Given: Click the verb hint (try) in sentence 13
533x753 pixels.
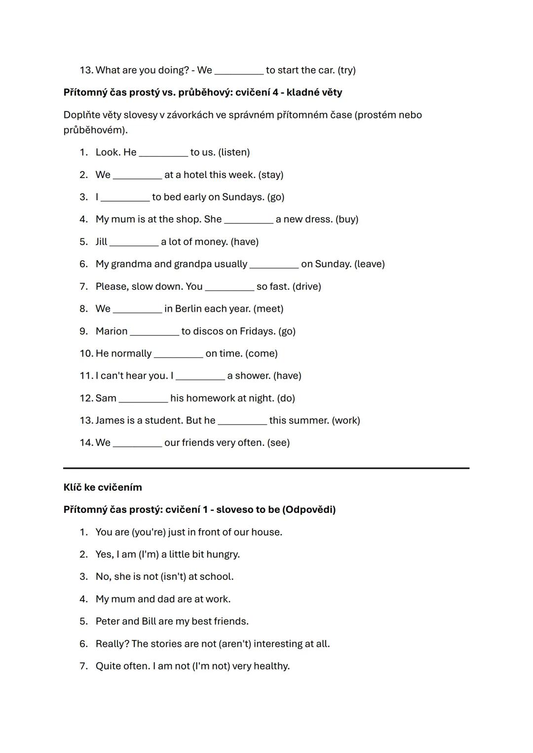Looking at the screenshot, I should click(x=346, y=70).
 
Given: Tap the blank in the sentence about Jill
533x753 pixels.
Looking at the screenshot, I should click(x=134, y=242).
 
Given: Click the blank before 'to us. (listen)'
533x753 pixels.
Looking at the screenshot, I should click(x=163, y=153).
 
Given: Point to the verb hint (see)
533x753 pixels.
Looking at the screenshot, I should click(x=278, y=442).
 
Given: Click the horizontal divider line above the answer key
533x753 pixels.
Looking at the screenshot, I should click(x=266, y=468).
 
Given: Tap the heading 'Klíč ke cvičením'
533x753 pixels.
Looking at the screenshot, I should click(x=103, y=487).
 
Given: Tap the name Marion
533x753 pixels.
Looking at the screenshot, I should click(x=112, y=331).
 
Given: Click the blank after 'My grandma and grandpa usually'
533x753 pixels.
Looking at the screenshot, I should click(x=274, y=264).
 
